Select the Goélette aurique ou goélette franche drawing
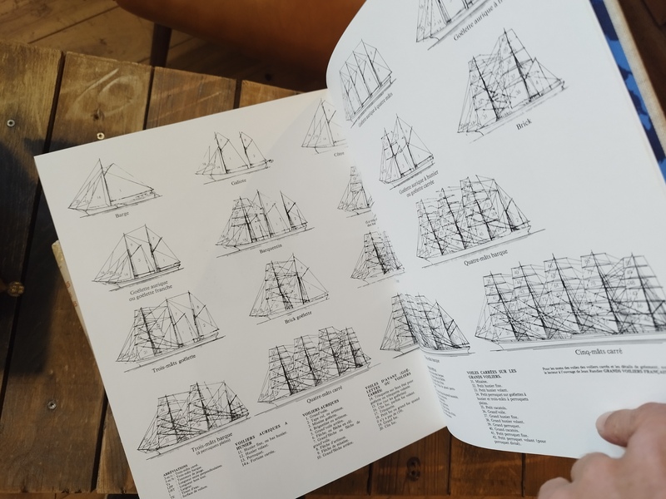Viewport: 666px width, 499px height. pyautogui.click(x=137, y=254)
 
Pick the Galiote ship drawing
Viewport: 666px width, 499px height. pyautogui.click(x=233, y=153)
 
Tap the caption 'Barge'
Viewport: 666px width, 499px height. pyautogui.click(x=122, y=214)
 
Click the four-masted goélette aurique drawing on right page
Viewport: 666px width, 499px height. pyautogui.click(x=365, y=79)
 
